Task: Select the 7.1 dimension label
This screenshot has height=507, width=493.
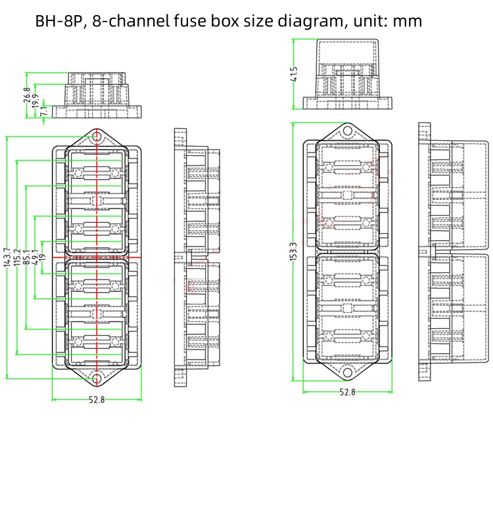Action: click(43, 112)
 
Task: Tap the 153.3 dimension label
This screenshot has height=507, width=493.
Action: click(294, 252)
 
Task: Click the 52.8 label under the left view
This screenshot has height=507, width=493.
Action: click(97, 400)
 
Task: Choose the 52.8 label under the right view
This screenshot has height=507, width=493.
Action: click(347, 393)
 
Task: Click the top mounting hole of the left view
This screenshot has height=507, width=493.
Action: click(97, 137)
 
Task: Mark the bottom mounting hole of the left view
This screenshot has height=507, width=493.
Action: click(97, 379)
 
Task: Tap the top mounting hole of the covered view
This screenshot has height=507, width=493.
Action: click(347, 132)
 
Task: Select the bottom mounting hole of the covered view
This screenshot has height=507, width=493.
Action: click(347, 372)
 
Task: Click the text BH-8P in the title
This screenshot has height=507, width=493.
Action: click(58, 21)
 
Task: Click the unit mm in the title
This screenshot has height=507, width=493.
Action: click(408, 21)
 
